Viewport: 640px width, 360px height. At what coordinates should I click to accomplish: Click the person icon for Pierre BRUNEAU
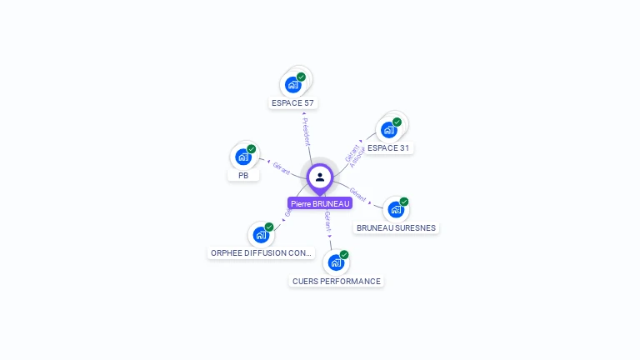tap(320, 177)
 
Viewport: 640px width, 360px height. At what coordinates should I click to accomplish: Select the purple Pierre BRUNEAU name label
tap(320, 203)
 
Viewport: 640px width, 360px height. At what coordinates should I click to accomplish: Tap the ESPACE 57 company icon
tap(293, 84)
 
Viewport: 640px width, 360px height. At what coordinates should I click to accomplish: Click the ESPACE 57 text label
tap(293, 103)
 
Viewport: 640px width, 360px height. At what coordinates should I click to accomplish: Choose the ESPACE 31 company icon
tap(388, 130)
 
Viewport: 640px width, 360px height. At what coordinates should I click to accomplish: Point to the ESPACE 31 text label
tap(389, 148)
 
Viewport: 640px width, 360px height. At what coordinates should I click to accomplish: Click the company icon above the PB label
tap(243, 157)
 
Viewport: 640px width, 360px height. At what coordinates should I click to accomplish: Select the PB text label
tap(243, 176)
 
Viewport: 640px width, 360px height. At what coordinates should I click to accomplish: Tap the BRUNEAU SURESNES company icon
tap(396, 209)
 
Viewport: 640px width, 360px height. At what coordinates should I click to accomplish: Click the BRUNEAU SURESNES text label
tap(396, 227)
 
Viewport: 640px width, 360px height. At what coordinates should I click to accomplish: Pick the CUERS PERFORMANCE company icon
tap(336, 262)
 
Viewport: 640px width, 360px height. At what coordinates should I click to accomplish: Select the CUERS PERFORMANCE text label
tap(337, 282)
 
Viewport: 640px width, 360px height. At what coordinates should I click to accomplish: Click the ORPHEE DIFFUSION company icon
tap(261, 234)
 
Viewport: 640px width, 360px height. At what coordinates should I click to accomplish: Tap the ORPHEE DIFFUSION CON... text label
tap(262, 252)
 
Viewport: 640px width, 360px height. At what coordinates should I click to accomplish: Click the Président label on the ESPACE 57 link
tap(306, 132)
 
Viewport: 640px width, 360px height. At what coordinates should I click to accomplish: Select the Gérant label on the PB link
tap(282, 167)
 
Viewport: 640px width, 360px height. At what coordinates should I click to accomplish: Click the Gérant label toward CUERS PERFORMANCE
tap(327, 221)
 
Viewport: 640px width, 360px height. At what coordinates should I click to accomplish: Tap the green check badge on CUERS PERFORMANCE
tap(344, 254)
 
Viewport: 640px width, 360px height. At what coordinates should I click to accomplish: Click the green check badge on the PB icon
tap(252, 149)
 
